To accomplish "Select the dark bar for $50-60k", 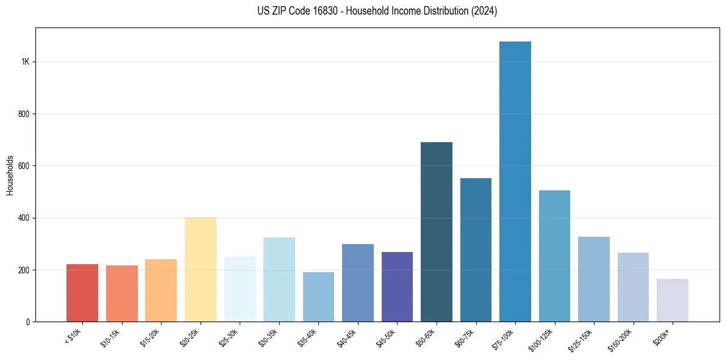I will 436,232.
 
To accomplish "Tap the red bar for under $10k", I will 82,293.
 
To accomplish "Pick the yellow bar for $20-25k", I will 200,269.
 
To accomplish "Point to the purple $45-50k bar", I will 397,287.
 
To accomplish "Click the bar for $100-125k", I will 554,256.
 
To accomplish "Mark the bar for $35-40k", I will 318,297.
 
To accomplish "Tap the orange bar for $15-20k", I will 161,290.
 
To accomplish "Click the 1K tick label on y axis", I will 25,62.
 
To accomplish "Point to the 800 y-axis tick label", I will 24,114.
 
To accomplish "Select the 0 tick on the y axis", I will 28,322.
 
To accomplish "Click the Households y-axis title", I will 10,175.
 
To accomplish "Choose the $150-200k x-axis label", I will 621,339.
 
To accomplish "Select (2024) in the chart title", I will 484,11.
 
